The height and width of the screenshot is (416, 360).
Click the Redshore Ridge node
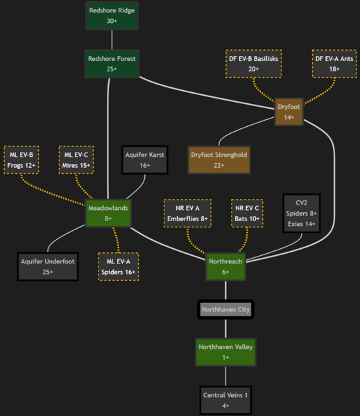pyautogui.click(x=112, y=15)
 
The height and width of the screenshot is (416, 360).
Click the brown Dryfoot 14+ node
pyautogui.click(x=289, y=112)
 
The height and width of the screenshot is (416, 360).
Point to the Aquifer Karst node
pyautogui.click(x=144, y=160)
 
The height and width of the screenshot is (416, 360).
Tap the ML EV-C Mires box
pyautogui.click(x=76, y=160)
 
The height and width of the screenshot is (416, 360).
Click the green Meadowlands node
pyautogui.click(x=109, y=212)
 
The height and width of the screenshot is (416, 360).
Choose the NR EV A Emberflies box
pyautogui.click(x=185, y=213)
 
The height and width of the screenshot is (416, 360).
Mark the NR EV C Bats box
pyautogui.click(x=247, y=213)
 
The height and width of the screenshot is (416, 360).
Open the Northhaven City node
pyautogui.click(x=226, y=309)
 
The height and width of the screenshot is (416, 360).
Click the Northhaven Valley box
pyautogui.click(x=226, y=352)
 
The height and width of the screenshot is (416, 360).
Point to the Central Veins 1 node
pyautogui.click(x=226, y=399)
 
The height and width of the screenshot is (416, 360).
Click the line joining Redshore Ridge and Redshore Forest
pyautogui.click(x=112, y=40)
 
